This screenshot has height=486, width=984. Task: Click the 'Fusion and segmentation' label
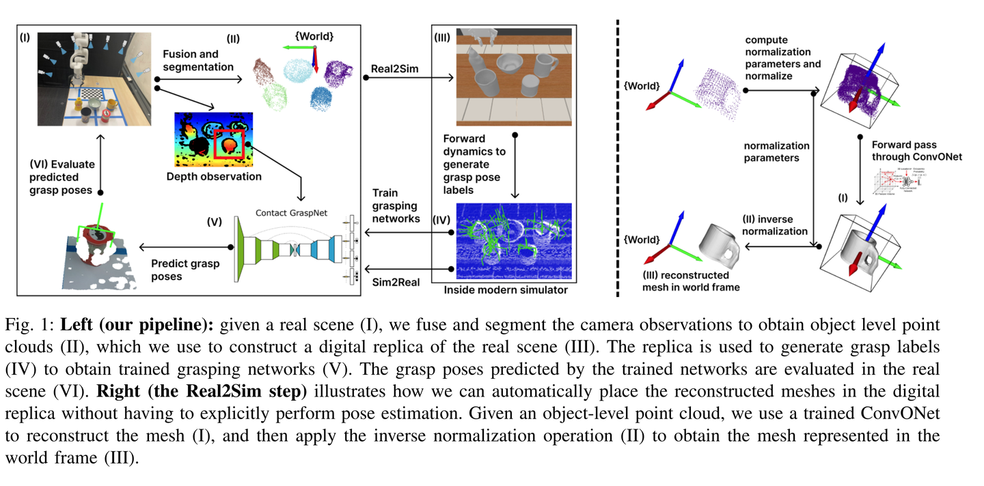coord(197,60)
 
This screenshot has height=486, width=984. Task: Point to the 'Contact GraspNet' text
coord(292,212)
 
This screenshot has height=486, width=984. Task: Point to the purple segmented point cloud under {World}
coord(337,74)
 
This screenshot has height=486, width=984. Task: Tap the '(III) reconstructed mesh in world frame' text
coord(691,281)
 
